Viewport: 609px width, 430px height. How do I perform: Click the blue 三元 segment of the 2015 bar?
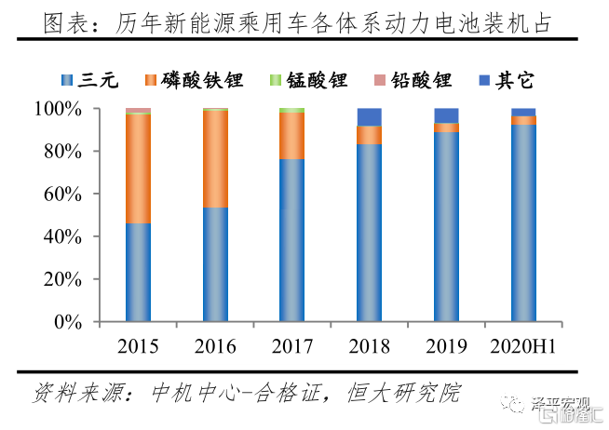click(138, 272)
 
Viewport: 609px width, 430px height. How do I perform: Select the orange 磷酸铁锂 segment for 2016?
click(215, 158)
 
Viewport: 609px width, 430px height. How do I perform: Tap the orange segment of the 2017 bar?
click(292, 136)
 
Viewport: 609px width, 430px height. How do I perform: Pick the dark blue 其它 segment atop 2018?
click(370, 116)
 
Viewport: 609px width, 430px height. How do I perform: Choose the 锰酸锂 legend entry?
click(299, 80)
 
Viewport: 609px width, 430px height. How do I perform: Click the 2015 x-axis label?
click(138, 347)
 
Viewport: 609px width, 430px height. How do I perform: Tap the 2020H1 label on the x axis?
click(523, 347)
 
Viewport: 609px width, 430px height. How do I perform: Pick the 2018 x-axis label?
click(370, 347)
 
